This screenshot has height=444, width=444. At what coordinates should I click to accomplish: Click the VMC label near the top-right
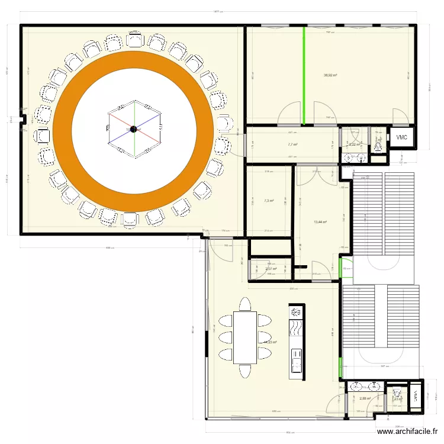(402, 137)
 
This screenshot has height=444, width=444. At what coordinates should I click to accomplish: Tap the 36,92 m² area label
(330, 75)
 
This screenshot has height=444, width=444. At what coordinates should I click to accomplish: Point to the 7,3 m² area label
(269, 201)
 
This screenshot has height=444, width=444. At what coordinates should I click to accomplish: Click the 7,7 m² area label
(292, 144)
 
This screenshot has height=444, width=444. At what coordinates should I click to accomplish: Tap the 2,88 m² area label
(364, 398)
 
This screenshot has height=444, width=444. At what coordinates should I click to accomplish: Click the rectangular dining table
(244, 337)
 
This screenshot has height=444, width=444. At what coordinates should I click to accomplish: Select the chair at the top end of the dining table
(244, 304)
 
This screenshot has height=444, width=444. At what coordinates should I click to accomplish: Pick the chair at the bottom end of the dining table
(244, 371)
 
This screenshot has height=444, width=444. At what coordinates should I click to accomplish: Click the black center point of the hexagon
(134, 129)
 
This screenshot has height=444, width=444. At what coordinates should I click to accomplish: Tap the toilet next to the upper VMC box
(377, 142)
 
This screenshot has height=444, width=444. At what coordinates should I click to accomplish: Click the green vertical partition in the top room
(304, 75)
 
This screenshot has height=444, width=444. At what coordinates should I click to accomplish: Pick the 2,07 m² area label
(271, 269)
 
